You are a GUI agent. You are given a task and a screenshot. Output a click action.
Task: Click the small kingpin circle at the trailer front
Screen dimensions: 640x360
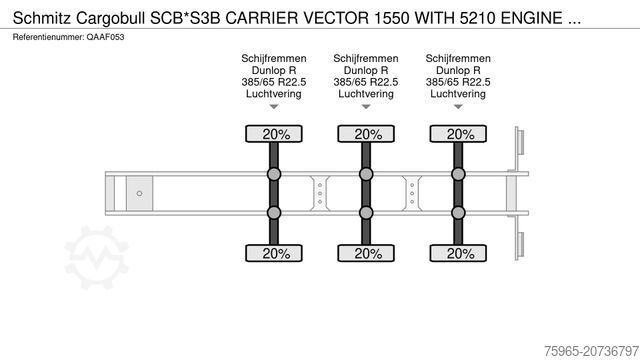point(140,192)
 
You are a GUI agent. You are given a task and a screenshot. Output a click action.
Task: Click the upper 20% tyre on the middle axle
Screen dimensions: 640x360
point(367,134)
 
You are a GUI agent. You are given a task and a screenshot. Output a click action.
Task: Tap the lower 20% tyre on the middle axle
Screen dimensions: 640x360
point(367,254)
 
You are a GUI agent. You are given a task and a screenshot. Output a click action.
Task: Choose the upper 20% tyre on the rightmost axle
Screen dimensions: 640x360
point(459,134)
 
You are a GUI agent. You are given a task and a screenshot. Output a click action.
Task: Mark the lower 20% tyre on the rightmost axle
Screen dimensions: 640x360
point(459,254)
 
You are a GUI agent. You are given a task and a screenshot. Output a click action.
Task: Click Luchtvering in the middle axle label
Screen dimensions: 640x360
point(365,93)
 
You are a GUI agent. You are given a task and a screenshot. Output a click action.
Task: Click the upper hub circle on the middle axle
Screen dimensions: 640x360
point(367,175)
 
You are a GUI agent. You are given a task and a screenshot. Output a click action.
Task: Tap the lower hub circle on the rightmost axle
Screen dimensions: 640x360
point(459,211)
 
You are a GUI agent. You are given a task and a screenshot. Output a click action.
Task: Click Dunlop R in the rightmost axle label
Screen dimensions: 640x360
point(457,70)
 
